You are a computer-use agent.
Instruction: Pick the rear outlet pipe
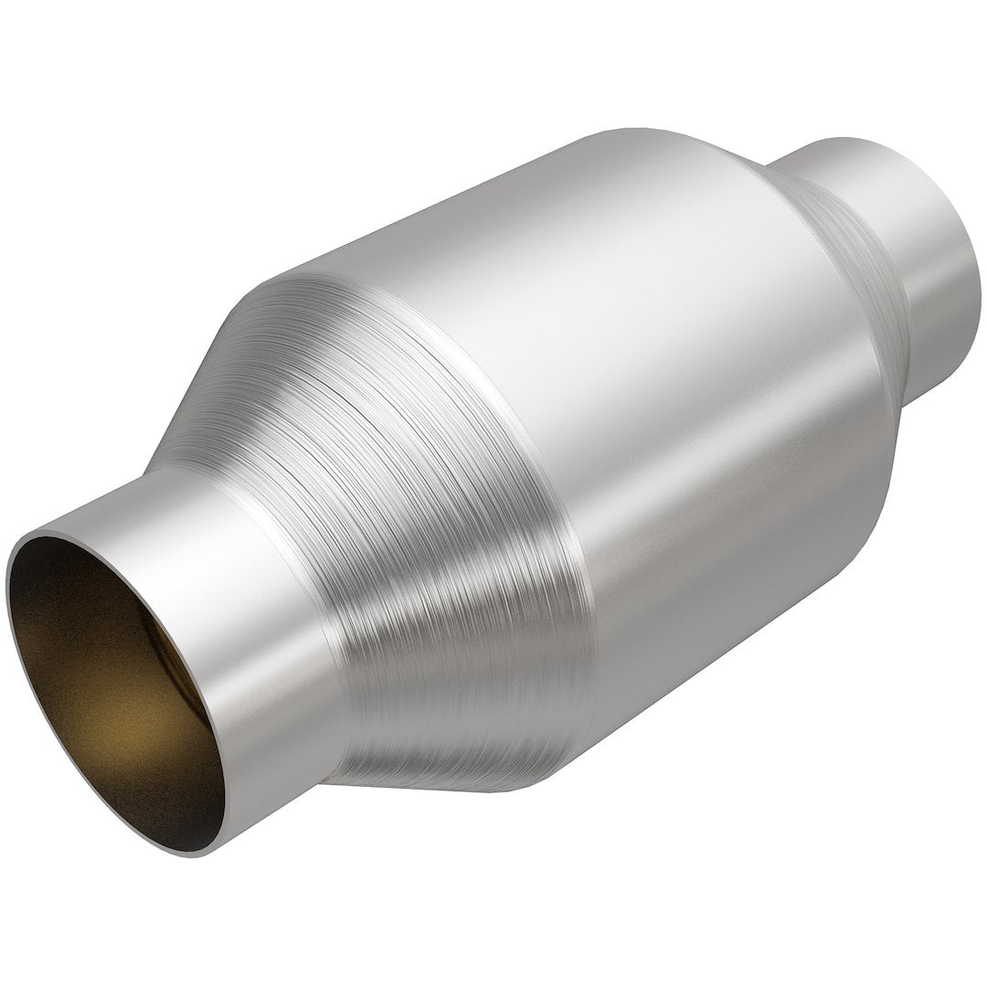923,256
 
